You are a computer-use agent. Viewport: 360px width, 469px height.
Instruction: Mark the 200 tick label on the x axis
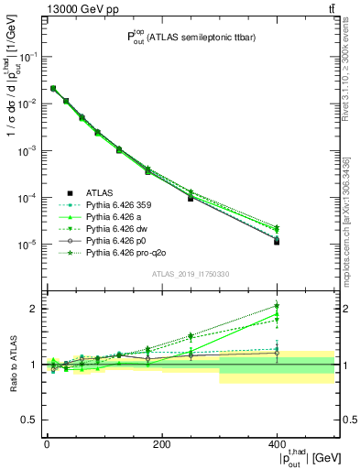(162, 444)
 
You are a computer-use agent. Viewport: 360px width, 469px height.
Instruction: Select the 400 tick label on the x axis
(278, 444)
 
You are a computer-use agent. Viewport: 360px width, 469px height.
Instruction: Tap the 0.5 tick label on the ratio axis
(30, 420)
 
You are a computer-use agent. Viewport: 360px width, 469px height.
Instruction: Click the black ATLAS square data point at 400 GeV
(277, 242)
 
